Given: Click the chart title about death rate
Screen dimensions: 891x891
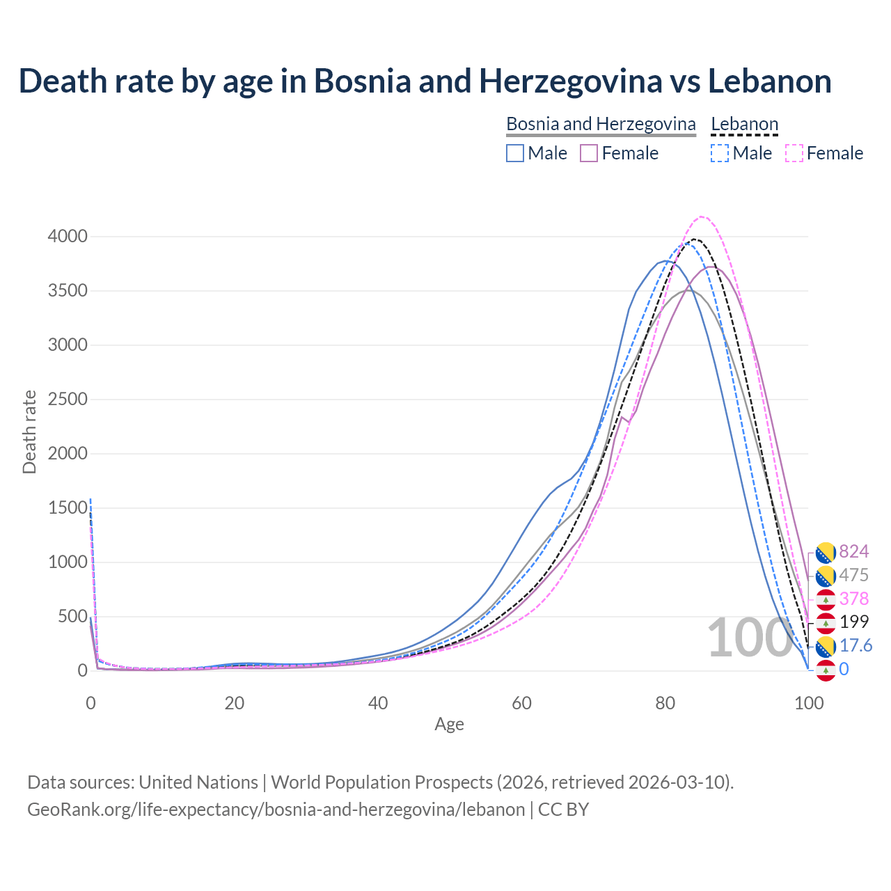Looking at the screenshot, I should [425, 81].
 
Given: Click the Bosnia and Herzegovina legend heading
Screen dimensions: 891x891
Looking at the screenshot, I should [601, 124].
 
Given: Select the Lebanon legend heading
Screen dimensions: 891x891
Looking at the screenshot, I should [744, 124].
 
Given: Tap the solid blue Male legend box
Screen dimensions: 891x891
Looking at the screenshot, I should [515, 153].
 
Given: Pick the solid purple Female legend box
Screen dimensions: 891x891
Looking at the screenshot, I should [589, 153].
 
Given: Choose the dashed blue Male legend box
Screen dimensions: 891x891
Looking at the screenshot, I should [720, 153].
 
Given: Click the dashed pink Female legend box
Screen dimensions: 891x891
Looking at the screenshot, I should [794, 153].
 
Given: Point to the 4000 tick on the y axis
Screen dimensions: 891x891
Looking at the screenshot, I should [68, 237].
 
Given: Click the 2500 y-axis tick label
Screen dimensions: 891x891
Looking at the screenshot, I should [68, 400].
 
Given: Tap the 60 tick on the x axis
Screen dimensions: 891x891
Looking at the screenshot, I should [521, 703].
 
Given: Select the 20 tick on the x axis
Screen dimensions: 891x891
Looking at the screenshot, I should [235, 703].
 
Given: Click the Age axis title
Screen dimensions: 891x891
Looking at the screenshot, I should [449, 725].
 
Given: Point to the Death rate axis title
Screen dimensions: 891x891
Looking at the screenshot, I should [29, 432].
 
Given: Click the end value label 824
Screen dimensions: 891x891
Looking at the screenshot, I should [854, 552].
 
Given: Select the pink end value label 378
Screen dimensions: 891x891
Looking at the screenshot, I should [854, 599].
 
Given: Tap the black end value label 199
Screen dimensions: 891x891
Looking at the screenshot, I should [854, 622].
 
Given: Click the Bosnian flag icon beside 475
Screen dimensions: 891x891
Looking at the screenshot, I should [826, 576].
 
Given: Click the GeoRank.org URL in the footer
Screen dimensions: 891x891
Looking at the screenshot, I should [276, 810].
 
